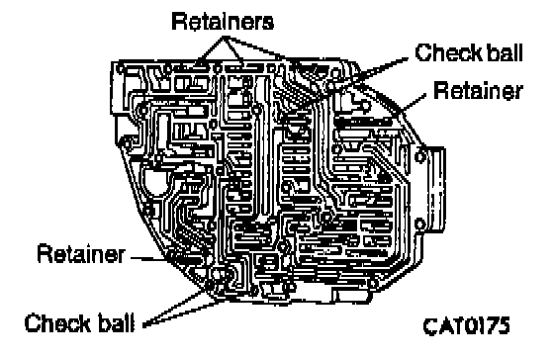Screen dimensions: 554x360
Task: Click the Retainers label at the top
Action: [223, 22]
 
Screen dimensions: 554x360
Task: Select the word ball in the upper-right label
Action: [505, 53]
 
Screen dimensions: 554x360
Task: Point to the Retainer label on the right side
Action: [478, 90]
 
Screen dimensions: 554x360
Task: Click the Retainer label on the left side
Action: [81, 253]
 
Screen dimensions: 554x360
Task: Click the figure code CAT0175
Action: [466, 325]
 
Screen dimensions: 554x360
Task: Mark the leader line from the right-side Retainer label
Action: [413, 105]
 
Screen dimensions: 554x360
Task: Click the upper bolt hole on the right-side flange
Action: [420, 156]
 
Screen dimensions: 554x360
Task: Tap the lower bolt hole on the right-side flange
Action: [420, 224]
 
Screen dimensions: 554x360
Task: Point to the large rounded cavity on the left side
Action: [155, 182]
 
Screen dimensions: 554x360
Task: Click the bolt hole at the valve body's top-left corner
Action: [121, 67]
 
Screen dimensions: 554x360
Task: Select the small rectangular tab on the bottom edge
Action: [350, 296]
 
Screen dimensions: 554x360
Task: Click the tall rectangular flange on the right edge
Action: [435, 190]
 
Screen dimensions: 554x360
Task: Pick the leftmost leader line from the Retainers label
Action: [211, 49]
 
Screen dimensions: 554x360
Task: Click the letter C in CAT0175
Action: [429, 326]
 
